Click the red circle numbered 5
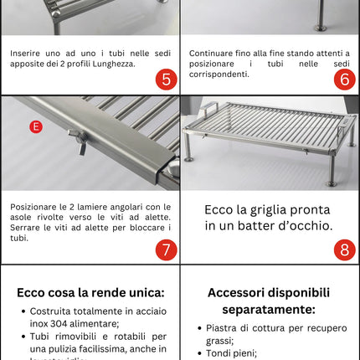coord(166,80)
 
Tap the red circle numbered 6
coord(344,80)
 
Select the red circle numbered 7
coord(166,249)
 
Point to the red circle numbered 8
coord(344,249)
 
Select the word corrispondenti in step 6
coord(219,75)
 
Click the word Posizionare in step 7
coord(37,207)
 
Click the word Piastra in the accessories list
coord(224,327)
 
